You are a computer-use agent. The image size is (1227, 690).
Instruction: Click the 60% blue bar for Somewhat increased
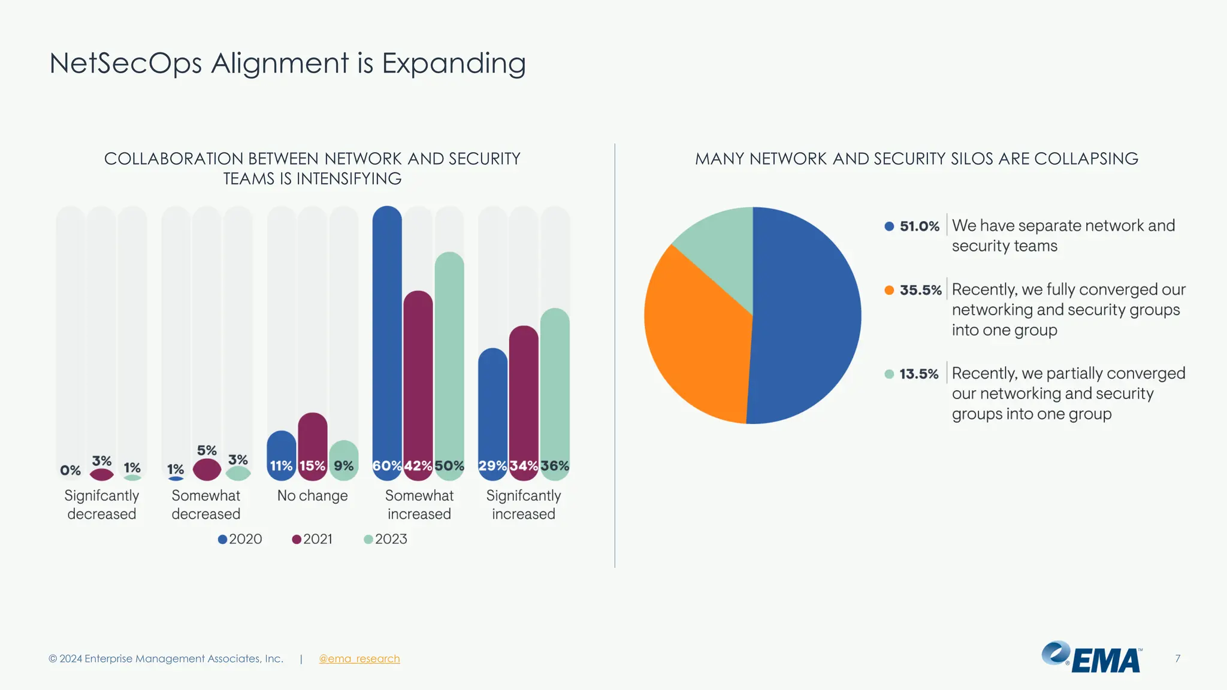tap(387, 341)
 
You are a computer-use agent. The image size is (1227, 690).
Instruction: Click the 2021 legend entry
tap(312, 539)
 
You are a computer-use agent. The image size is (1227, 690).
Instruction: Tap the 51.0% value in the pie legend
tap(919, 226)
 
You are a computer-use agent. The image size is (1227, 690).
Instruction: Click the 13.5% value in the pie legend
tap(918, 374)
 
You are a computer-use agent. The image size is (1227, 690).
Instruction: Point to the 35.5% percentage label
tap(920, 290)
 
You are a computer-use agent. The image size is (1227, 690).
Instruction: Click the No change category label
tap(312, 496)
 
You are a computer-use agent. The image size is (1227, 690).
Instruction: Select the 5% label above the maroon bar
tap(207, 450)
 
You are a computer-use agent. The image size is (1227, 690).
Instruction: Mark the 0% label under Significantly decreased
tap(70, 471)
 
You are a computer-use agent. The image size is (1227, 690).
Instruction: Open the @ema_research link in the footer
tap(359, 659)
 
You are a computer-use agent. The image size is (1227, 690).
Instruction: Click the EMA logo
tap(1092, 658)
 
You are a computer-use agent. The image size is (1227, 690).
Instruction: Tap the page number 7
tap(1177, 659)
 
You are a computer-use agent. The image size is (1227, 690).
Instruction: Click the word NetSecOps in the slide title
tap(125, 63)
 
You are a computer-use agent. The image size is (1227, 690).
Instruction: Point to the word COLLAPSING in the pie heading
tap(1086, 159)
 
